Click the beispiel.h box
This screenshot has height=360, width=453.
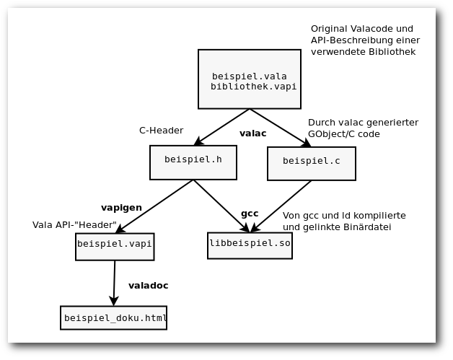193,162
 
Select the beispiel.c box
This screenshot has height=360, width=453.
312,164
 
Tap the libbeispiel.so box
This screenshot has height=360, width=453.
250,245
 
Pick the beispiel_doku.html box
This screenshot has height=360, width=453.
113,318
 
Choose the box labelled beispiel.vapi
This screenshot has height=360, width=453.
115,247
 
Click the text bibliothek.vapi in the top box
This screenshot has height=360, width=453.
253,87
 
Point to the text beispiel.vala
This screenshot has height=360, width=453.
250,76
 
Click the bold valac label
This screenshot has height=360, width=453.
252,133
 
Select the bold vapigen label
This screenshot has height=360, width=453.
121,208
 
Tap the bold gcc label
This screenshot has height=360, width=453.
250,214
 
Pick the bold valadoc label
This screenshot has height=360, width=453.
148,286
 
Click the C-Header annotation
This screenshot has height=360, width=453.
161,131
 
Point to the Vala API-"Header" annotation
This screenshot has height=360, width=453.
74,225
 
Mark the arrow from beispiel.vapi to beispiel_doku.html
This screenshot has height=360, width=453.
114,283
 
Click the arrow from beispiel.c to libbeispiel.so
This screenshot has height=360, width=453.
281,206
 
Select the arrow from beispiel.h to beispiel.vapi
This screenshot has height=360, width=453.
154,206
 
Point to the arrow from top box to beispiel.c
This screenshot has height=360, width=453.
280,128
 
